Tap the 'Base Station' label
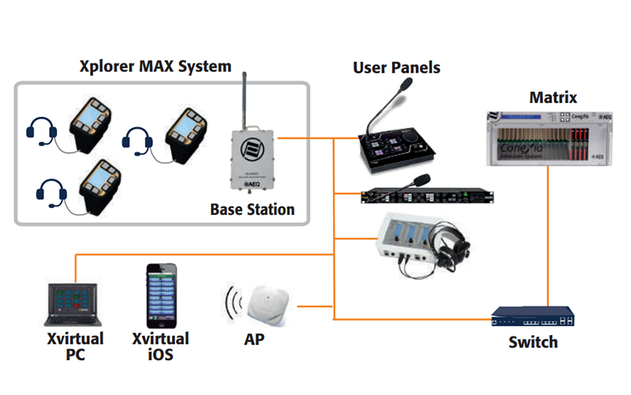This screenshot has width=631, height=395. coord(252,210)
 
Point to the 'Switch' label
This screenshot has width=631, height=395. coord(533,342)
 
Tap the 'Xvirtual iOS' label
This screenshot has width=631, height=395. coord(160,347)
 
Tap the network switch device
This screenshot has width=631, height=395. coord(533,319)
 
